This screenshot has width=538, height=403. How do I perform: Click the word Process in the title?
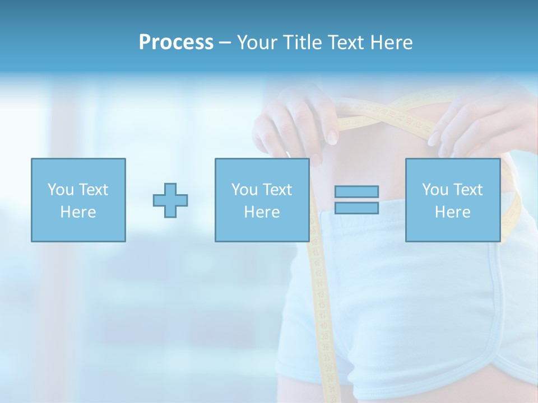click(x=176, y=43)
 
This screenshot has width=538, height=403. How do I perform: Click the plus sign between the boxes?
click(x=170, y=200)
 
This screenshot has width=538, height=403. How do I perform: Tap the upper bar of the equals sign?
click(x=356, y=192)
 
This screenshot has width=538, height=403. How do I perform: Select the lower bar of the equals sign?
click(x=356, y=208)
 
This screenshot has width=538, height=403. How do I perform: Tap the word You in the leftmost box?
click(x=61, y=190)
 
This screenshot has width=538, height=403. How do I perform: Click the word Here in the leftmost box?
click(x=78, y=212)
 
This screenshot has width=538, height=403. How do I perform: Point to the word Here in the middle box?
click(x=262, y=212)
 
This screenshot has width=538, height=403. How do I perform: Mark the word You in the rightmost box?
click(x=435, y=190)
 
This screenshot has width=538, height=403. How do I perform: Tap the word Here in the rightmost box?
click(x=452, y=212)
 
